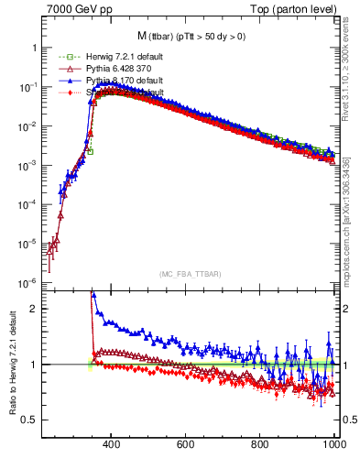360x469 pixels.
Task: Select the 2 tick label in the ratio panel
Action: [35, 309]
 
